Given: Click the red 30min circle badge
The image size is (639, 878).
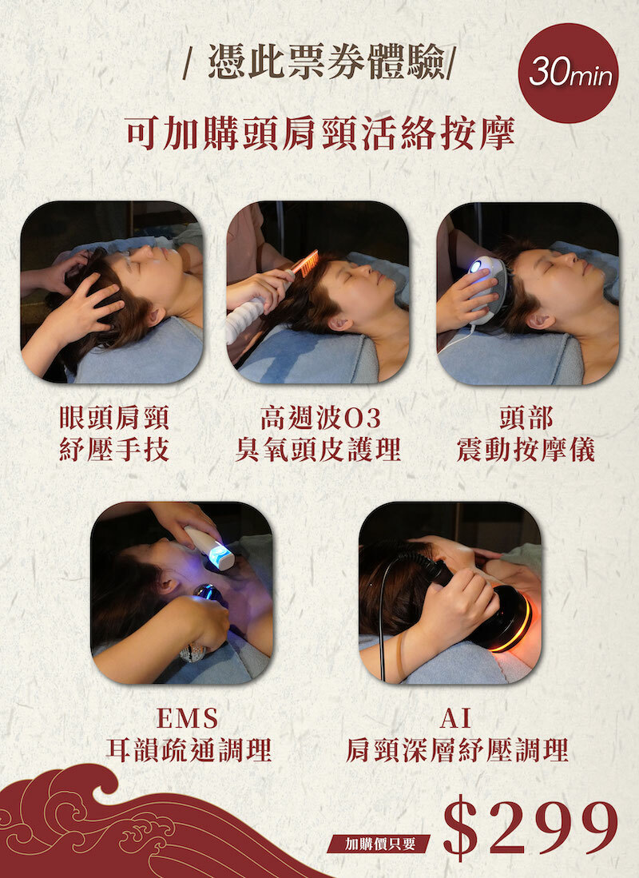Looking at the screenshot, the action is [568, 73].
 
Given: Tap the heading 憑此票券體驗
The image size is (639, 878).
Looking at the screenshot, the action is [327, 61].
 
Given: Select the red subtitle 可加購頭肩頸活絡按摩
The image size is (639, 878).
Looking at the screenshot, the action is [319, 133].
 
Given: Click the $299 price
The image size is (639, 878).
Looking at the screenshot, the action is [530, 828].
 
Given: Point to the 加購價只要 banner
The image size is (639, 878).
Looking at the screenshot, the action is [379, 844].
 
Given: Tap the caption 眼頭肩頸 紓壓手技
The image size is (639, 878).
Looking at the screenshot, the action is [114, 433].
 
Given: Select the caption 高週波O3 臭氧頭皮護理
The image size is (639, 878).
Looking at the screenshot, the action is [318, 433].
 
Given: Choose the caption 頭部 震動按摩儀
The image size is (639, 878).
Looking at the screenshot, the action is [526, 433].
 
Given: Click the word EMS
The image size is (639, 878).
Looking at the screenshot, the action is [187, 717].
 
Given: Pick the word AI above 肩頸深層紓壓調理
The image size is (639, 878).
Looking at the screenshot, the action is [455, 717].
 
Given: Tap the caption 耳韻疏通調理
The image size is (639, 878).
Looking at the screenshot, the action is [189, 749].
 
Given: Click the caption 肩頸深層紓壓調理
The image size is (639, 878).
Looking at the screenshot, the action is [457, 749].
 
